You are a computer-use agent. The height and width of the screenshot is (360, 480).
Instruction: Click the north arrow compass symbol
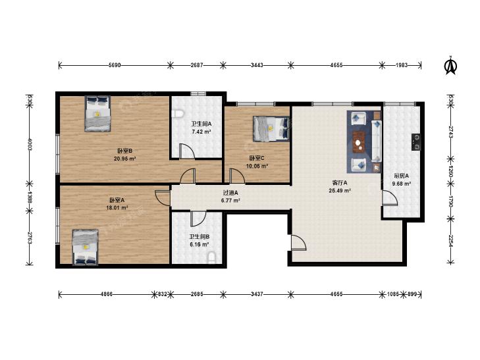(450, 66)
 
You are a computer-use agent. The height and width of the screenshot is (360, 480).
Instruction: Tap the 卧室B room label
(124, 151)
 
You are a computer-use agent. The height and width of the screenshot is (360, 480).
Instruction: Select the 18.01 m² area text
(117, 208)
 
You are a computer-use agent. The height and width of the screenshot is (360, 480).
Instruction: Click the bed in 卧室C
(271, 129)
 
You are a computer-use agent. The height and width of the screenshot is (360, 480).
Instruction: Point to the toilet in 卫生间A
(178, 114)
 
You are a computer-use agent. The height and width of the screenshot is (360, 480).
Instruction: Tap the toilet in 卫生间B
(211, 257)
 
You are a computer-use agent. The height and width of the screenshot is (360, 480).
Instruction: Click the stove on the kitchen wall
(416, 142)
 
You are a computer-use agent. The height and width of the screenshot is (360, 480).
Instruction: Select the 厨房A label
(402, 176)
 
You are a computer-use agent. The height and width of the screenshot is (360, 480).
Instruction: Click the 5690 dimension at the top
(115, 65)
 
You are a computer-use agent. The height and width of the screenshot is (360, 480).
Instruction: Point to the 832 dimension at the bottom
(163, 294)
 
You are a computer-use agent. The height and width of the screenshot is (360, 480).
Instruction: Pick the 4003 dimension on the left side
(30, 144)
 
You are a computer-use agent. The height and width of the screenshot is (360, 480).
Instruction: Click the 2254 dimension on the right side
(450, 240)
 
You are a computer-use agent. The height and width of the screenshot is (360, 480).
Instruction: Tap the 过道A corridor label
(230, 193)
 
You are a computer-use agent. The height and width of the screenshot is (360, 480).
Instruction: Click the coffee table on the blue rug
(359, 141)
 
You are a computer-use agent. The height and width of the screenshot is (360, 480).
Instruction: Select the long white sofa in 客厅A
(377, 140)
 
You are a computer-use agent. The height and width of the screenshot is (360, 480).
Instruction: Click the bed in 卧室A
(86, 247)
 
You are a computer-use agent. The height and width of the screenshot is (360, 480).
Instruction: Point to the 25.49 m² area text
(340, 191)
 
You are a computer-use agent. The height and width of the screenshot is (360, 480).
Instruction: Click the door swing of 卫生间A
(187, 151)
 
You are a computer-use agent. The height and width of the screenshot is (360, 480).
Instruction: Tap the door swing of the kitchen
(390, 197)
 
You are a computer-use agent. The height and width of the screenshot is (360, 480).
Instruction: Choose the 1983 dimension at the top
(402, 65)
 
